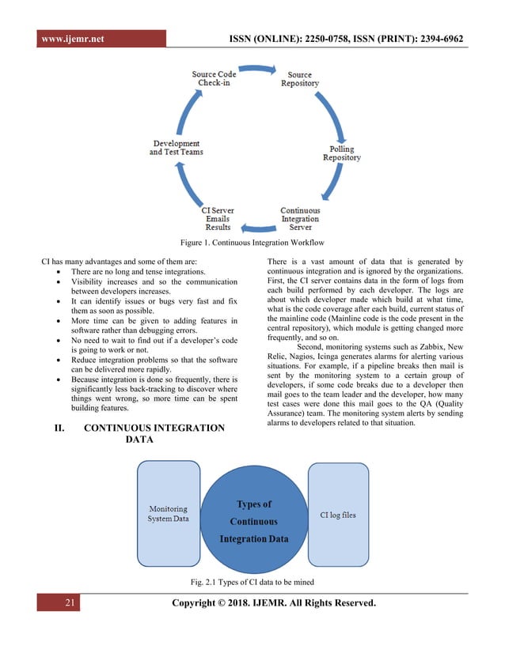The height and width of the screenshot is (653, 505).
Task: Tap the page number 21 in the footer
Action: pyautogui.click(x=70, y=604)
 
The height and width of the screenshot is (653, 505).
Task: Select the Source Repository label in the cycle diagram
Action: pyautogui.click(x=300, y=79)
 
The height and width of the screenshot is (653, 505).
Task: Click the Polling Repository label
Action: pyautogui.click(x=342, y=153)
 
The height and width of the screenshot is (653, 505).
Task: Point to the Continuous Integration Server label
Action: pyautogui.click(x=300, y=218)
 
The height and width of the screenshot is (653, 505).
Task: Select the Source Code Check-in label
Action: pyautogui.click(x=215, y=79)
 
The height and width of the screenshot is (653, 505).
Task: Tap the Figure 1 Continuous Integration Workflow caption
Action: pyautogui.click(x=252, y=242)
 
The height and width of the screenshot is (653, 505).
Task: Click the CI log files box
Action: pyautogui.click(x=338, y=515)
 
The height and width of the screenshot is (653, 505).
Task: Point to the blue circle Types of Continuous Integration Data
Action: pyautogui.click(x=253, y=521)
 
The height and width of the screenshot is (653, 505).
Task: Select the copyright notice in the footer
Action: pyautogui.click(x=273, y=605)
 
